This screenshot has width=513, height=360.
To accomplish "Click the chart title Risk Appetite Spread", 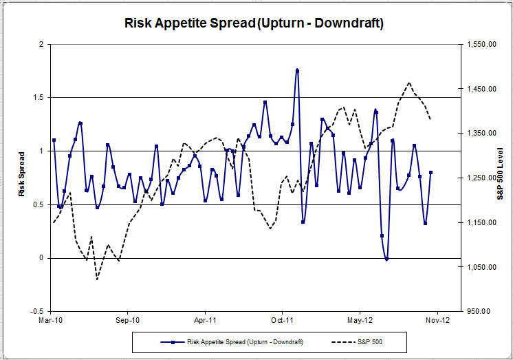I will click(x=254, y=23).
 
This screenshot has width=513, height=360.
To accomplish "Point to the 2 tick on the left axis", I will click(x=41, y=44).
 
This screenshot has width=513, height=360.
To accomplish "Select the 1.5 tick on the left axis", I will click(x=38, y=98).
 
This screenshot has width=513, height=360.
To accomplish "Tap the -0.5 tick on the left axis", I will click(x=37, y=311).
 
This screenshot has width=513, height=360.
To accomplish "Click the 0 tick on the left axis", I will click(x=41, y=258).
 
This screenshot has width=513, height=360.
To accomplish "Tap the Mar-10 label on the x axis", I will click(x=52, y=320).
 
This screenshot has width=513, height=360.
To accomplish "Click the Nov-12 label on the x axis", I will click(x=437, y=320).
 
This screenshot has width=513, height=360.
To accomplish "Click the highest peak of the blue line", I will click(x=297, y=70).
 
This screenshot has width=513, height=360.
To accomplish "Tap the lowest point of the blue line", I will click(x=387, y=259).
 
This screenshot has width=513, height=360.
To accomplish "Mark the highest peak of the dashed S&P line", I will click(x=409, y=83).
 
